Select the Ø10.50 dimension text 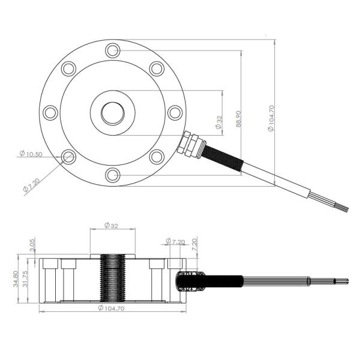coord(30,154)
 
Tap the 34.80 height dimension coord(14,280)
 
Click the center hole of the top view coord(112,112)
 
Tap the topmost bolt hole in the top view coord(112,49)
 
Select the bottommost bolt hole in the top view coord(112,175)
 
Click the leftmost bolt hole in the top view coord(50,112)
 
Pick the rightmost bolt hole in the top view coord(175,112)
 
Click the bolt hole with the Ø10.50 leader coord(68,157)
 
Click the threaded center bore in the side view coord(112,278)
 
